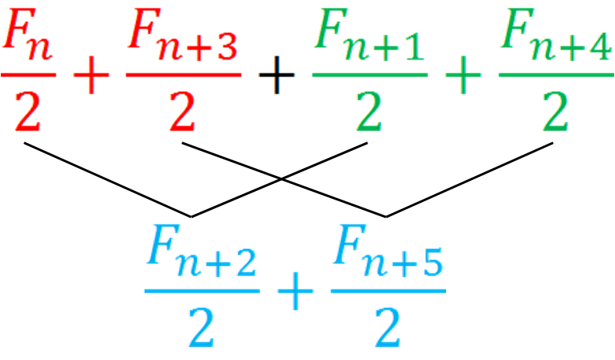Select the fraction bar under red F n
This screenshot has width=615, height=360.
pyautogui.click(x=28, y=75)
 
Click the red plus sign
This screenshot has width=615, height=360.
pyautogui.click(x=90, y=76)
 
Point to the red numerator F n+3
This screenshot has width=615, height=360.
pyautogui.click(x=182, y=39)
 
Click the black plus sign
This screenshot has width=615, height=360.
pyautogui.click(x=276, y=76)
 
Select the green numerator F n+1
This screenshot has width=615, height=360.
pyautogui.click(x=369, y=39)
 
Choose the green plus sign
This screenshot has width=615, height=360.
pyautogui.click(x=463, y=76)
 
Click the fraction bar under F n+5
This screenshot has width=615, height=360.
pyautogui.click(x=387, y=291)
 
